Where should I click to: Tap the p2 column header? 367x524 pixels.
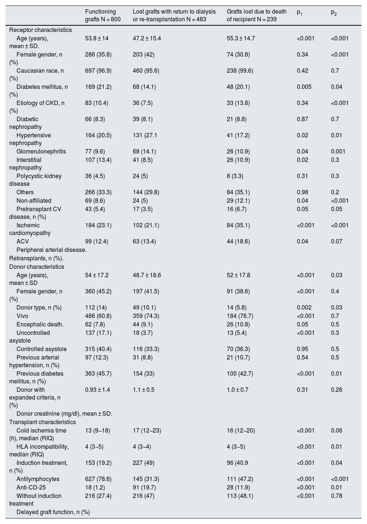pos(334,12)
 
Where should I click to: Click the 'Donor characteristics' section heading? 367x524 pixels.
pos(37,267)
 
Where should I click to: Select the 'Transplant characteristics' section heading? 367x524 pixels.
pos(43,422)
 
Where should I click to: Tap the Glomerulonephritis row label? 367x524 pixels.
pos(41,151)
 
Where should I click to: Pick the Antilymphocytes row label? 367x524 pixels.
pos(38,479)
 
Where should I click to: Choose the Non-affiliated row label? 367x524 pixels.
pos(34,200)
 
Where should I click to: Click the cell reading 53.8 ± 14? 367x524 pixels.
pos(97,38)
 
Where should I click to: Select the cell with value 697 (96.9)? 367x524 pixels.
pos(98,71)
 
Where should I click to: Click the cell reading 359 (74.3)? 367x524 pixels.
pos(146,316)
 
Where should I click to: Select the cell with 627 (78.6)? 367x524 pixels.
pos(98,479)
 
